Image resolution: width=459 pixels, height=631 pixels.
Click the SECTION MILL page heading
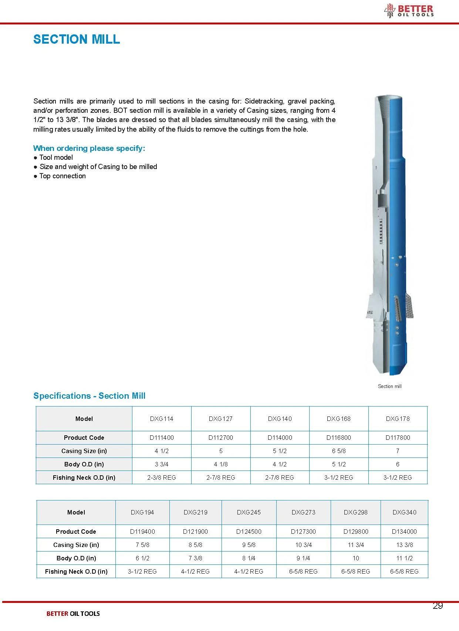[x=77, y=39]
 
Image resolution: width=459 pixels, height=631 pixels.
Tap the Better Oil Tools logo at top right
[x=409, y=10]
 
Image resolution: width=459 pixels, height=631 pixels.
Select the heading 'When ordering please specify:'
[x=89, y=148]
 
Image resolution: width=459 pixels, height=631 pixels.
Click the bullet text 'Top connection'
[x=63, y=176]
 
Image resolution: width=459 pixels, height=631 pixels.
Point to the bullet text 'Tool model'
[x=56, y=158]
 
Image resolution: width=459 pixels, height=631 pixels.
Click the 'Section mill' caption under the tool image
[x=389, y=386]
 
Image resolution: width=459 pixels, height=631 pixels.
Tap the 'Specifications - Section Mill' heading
[x=89, y=396]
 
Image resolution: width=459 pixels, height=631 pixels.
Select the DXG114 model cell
[x=162, y=419]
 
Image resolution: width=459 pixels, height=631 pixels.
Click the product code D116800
[x=338, y=438]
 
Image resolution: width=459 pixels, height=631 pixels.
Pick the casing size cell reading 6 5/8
[x=338, y=451]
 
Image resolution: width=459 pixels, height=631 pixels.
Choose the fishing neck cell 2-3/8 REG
[x=162, y=478]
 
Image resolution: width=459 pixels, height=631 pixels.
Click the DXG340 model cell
[x=404, y=512]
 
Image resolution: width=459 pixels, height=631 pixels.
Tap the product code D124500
[x=249, y=532]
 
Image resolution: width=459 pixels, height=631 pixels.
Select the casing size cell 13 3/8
[x=404, y=545]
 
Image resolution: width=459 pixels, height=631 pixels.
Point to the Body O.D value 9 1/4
[x=303, y=558]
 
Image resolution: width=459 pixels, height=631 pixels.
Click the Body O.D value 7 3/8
[x=195, y=558]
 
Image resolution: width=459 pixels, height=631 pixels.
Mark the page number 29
[x=438, y=605]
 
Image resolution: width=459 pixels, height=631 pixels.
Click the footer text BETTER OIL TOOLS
[x=73, y=614]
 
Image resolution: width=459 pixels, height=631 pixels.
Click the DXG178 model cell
[x=398, y=419]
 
